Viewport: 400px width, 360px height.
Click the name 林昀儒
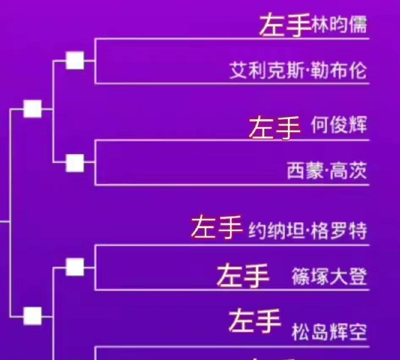click(339, 26)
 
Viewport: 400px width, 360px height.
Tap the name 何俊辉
click(339, 125)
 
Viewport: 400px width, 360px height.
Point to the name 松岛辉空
click(329, 333)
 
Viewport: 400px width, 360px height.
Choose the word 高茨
click(349, 172)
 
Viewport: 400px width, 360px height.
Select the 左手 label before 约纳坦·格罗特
click(217, 227)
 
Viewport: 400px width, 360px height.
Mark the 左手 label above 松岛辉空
click(255, 321)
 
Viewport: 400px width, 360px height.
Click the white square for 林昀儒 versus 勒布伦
click(75, 60)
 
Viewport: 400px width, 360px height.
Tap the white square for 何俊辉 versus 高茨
click(75, 163)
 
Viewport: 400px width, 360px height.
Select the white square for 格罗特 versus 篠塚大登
click(75, 267)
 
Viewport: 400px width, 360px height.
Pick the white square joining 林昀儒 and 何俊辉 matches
click(33, 109)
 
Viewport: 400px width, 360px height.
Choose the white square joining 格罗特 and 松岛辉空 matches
click(33, 316)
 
